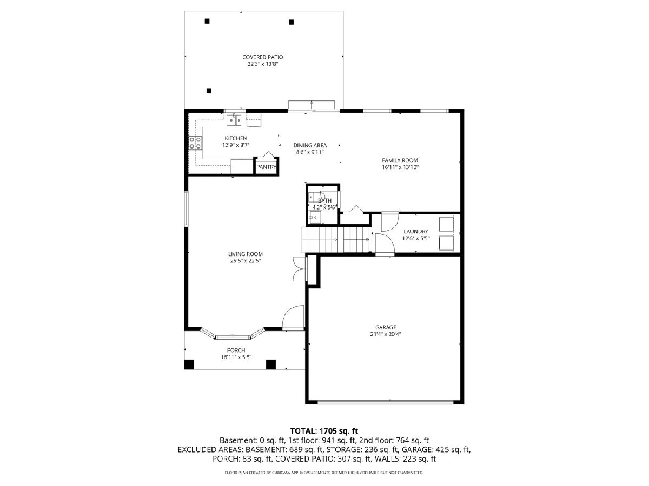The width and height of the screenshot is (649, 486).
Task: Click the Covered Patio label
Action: coord(262,57)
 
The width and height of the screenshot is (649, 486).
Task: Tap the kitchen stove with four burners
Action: coord(195,143)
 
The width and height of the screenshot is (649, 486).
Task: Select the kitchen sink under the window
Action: coord(234,120)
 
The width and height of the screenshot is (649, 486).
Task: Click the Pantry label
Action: coord(266,167)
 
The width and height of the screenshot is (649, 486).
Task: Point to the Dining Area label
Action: coord(310,145)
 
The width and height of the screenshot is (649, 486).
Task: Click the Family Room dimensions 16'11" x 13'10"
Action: coord(400,167)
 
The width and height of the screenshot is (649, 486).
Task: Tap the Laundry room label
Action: coord(416,231)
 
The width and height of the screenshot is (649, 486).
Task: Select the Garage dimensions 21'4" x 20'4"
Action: coord(386,334)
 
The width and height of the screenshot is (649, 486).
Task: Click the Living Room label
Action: coord(246,254)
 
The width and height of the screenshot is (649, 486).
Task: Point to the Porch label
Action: coord(236,350)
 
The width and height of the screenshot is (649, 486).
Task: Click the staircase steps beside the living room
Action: coord(336,240)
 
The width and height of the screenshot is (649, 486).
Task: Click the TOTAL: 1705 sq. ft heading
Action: coord(324,431)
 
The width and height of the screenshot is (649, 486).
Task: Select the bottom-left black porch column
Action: coord(189,364)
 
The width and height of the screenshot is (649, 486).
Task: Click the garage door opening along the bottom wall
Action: coord(385,401)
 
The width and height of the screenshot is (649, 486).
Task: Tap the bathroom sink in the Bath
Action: coord(315,217)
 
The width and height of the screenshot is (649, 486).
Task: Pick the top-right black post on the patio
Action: coord(291,22)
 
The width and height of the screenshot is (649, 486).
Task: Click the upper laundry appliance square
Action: coord(446,224)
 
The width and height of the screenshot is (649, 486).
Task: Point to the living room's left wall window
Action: coord(186,209)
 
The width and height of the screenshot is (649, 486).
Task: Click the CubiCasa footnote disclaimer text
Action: coord(324,473)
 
